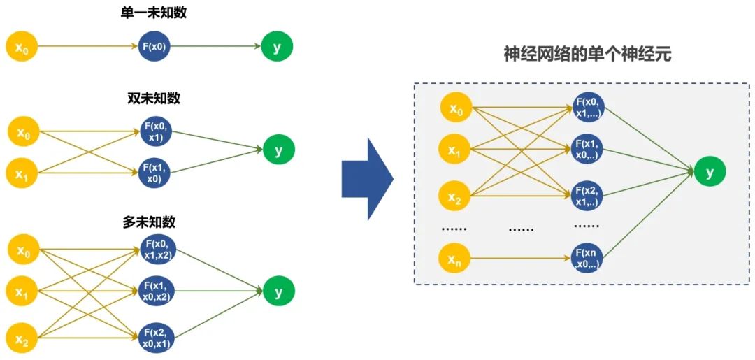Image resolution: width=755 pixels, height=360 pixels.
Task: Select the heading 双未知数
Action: pos(154,99)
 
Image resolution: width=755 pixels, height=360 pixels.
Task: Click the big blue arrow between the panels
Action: pos(366,179)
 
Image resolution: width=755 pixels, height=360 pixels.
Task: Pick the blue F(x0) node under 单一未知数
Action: pos(154,47)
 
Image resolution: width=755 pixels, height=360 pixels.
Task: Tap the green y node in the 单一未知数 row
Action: pos(278,47)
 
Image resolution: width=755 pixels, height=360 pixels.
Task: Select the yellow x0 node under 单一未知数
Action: pos(22,47)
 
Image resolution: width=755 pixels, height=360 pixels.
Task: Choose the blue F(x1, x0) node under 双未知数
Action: pos(155,173)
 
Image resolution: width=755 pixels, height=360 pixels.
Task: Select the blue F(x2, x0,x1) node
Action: pos(156,337)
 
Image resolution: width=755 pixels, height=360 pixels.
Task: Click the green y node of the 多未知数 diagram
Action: pos(279,292)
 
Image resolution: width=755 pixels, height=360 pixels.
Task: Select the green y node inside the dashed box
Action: pos(710,172)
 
